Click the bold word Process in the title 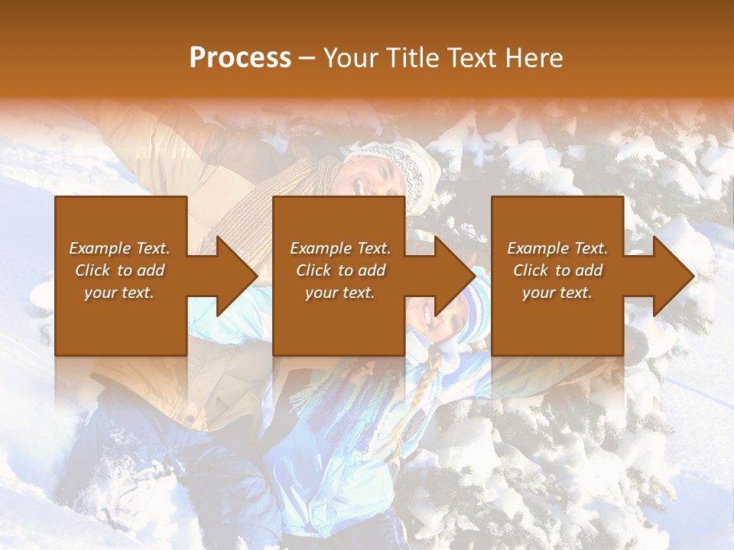(240, 58)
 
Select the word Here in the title (534, 58)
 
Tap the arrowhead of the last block (674, 276)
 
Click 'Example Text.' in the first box (119, 248)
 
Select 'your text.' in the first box (119, 293)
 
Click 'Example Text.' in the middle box (340, 248)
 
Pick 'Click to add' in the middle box (340, 270)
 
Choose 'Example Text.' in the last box (557, 248)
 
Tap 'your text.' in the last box (557, 293)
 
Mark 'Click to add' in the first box (119, 270)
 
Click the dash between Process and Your (307, 59)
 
